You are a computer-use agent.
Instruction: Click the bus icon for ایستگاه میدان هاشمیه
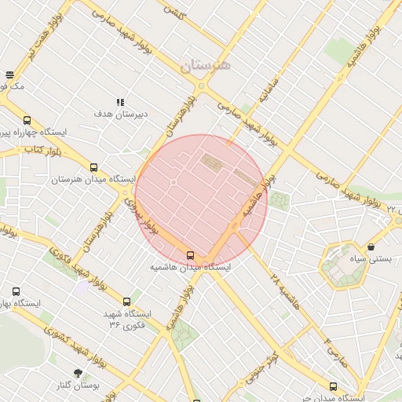click(x=191, y=255)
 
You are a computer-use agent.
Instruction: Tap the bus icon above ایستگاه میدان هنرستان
click(x=94, y=167)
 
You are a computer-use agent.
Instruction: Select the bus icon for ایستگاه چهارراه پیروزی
click(x=27, y=120)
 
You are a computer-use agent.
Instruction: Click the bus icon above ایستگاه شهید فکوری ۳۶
click(x=127, y=301)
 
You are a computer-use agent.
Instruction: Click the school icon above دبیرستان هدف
click(x=120, y=102)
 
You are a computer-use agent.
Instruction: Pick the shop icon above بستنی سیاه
click(x=371, y=247)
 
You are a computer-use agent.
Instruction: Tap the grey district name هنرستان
click(x=206, y=66)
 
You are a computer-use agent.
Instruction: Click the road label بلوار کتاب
click(x=43, y=148)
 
